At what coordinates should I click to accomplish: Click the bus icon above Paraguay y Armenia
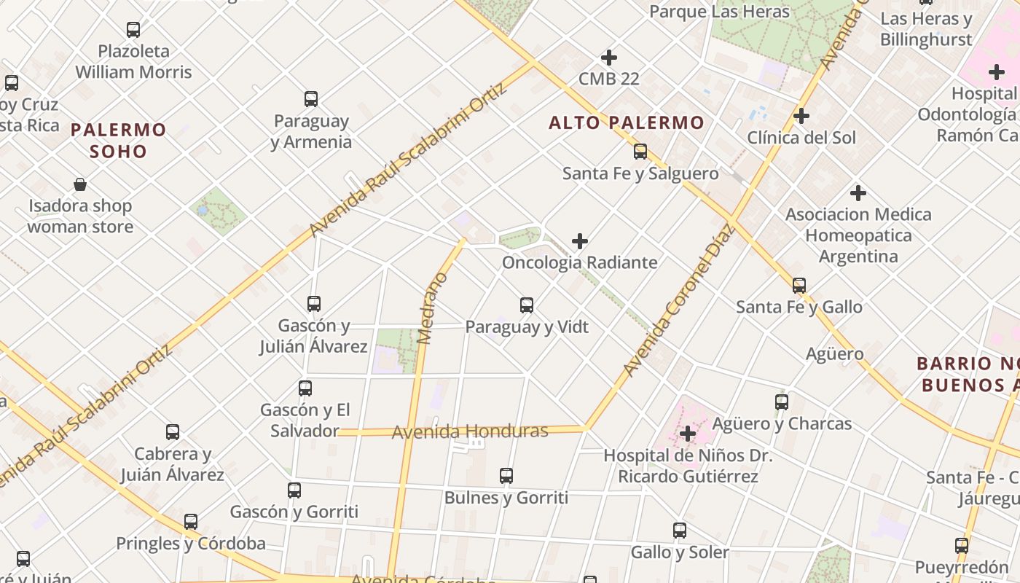(x=311, y=98)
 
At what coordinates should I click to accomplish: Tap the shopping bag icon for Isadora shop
(x=80, y=184)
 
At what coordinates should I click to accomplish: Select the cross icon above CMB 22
(x=609, y=57)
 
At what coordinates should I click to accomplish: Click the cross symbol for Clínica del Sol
(x=801, y=116)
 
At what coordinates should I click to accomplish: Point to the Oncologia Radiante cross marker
(x=580, y=240)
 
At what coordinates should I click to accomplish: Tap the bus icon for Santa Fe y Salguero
(x=640, y=152)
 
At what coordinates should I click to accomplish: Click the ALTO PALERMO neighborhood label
(x=627, y=122)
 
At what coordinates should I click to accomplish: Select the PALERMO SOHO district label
(x=119, y=141)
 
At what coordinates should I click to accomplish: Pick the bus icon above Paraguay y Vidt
(x=527, y=305)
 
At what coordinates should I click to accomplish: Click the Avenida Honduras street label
(x=470, y=431)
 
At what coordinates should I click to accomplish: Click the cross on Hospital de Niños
(x=687, y=434)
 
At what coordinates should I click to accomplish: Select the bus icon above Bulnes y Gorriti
(x=506, y=476)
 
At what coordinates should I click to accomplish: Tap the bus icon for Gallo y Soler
(x=680, y=531)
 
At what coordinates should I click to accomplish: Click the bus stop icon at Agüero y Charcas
(x=782, y=402)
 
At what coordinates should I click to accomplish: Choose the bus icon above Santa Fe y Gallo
(x=799, y=285)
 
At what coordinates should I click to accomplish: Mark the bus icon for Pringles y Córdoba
(x=191, y=522)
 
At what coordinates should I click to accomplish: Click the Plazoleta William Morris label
(x=133, y=61)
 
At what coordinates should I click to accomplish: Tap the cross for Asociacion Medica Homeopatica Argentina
(x=858, y=193)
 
